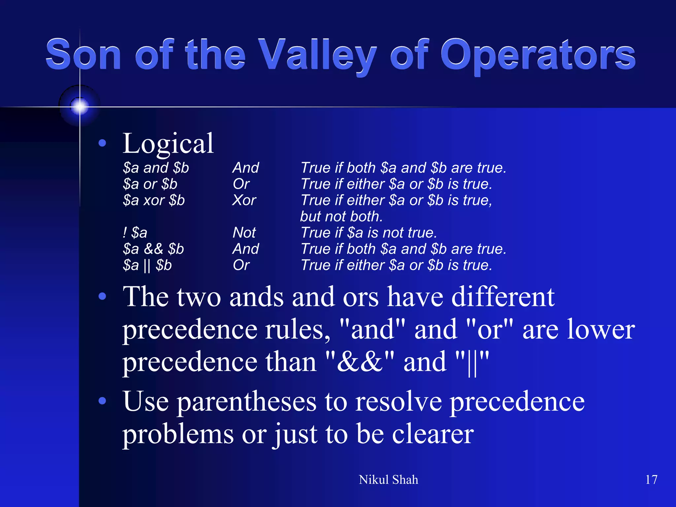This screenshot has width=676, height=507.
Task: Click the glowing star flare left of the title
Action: (80, 106)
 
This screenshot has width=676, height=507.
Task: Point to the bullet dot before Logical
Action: (102, 143)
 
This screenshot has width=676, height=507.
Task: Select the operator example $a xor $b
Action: (154, 200)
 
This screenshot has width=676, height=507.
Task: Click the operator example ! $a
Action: (135, 233)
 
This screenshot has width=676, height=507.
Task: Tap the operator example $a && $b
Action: (153, 249)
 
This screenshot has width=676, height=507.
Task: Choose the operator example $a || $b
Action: (147, 265)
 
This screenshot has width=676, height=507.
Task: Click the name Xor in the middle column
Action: (244, 200)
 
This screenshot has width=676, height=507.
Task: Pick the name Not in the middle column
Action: (244, 233)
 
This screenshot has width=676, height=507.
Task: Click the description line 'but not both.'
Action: (341, 217)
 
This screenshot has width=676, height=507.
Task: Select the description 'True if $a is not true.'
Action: (369, 233)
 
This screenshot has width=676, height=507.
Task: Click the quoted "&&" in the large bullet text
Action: (359, 362)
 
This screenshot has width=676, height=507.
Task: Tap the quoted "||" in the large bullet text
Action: (472, 362)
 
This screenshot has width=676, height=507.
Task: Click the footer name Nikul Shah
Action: (388, 480)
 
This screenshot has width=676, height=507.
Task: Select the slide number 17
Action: (651, 480)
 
